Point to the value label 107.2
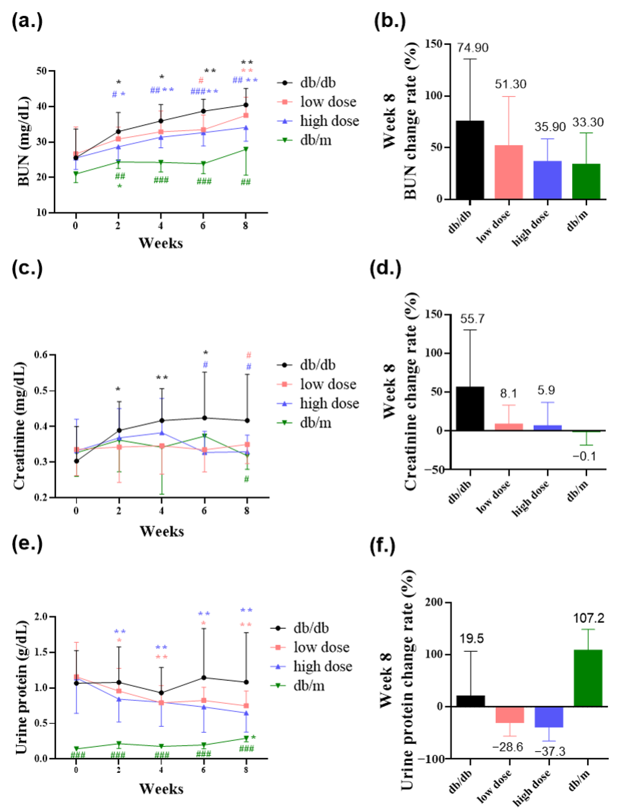click(588, 618)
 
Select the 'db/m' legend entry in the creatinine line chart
click(315, 423)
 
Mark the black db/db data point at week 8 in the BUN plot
click(246, 105)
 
